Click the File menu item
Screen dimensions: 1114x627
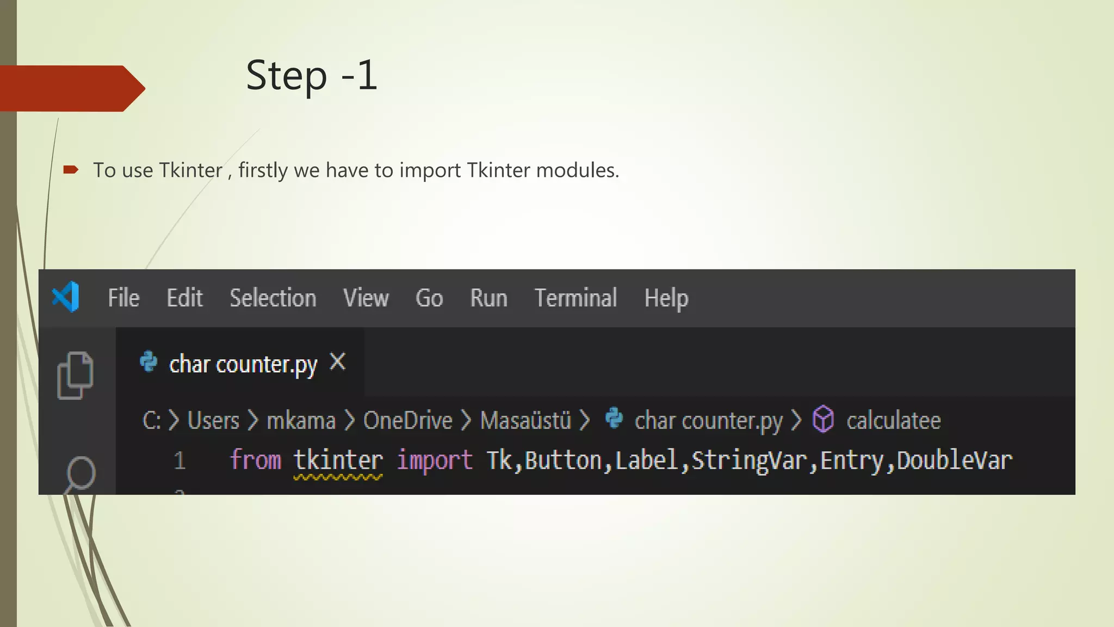tap(123, 298)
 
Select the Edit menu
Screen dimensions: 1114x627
tap(184, 298)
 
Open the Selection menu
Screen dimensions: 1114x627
tap(273, 298)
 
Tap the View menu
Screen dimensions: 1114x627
tap(366, 298)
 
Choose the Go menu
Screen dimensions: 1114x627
tap(429, 298)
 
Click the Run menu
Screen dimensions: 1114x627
tap(488, 298)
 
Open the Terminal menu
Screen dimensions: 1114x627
tap(575, 298)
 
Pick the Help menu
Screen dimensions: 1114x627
tap(666, 299)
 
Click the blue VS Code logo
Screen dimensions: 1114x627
tap(66, 297)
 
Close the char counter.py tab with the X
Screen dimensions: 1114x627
tap(338, 361)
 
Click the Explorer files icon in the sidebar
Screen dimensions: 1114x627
tap(75, 376)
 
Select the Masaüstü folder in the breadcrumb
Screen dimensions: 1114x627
tap(525, 421)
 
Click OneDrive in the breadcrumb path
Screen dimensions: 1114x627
tap(407, 421)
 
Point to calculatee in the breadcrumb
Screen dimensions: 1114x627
tap(893, 421)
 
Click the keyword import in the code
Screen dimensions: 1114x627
tap(434, 460)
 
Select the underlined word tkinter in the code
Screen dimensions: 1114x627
tap(338, 460)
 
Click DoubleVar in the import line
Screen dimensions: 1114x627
tap(954, 460)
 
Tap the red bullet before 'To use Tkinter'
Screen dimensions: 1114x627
tap(71, 170)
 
